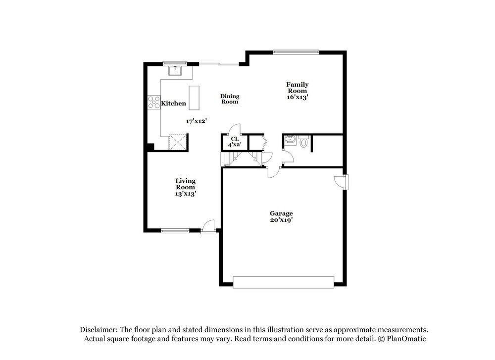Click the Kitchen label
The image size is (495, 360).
[174, 103]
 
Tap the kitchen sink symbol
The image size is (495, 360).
[175, 71]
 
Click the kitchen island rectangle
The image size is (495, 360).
[194, 98]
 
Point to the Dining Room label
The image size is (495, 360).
[230, 99]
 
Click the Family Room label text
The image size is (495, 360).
[297, 88]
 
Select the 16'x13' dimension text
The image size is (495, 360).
[297, 98]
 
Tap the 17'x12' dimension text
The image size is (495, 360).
[196, 121]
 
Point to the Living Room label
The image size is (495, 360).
[186, 184]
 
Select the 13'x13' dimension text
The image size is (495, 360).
[186, 194]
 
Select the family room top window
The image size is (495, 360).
[296, 51]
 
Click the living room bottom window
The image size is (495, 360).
[175, 230]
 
